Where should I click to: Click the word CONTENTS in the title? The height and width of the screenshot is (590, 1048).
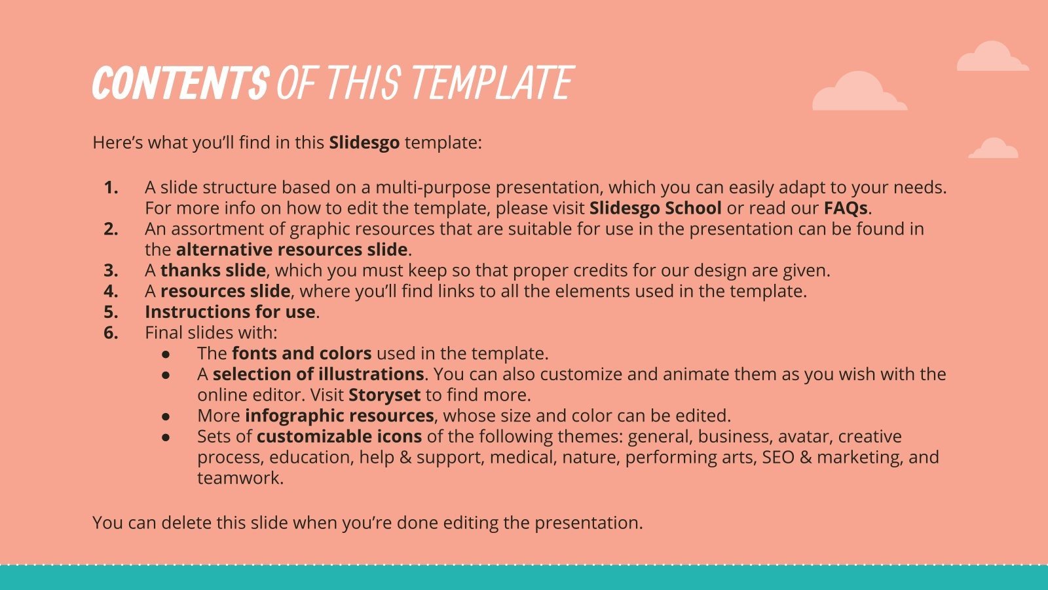[179, 83]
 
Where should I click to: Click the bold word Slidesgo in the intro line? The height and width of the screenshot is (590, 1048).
[364, 142]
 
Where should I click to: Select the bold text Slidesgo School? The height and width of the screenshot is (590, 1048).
[655, 208]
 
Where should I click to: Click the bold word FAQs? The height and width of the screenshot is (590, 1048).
[846, 208]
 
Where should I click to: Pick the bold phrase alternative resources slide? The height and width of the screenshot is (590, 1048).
[292, 250]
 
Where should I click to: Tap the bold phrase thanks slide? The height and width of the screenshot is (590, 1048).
[213, 270]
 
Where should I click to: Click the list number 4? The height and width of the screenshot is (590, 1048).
[111, 291]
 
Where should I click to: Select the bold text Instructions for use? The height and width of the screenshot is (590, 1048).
[230, 311]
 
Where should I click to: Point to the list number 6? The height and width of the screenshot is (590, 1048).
[111, 332]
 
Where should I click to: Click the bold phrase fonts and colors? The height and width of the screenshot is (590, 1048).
[301, 353]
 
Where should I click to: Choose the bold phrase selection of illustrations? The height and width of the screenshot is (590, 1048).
[318, 374]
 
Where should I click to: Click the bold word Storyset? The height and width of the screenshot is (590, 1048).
[384, 395]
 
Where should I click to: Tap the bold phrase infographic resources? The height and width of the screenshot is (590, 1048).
[339, 416]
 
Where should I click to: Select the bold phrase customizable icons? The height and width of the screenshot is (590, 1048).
[339, 437]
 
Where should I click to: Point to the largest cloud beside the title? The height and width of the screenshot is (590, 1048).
[859, 92]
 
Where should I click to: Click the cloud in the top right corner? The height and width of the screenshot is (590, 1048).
[992, 58]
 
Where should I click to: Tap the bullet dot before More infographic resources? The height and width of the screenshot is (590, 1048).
[166, 416]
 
